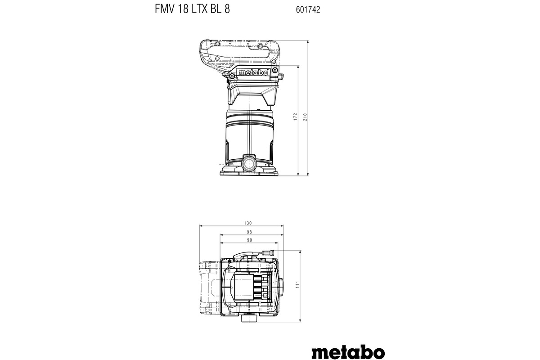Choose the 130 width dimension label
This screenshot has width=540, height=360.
coord(248,223)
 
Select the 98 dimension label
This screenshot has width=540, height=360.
coord(249,232)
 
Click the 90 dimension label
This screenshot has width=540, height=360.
coord(249,240)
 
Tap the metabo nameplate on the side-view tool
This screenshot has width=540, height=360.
coord(253,72)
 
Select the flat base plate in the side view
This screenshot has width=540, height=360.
coord(248,172)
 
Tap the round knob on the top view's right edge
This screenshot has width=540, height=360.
coord(280,285)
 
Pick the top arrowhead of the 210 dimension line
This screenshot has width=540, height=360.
coord(308,41)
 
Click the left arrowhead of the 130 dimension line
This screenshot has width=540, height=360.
coord(201,226)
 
